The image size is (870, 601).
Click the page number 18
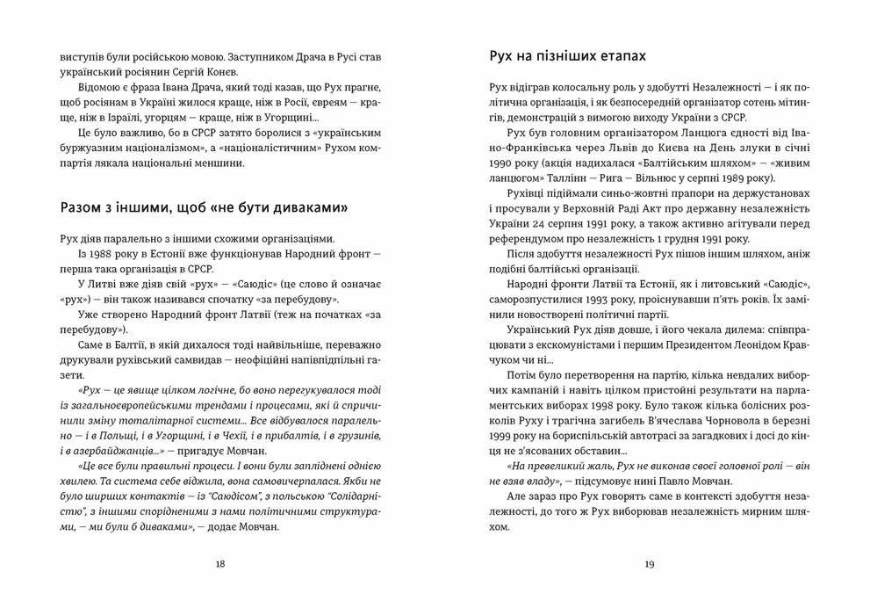pyautogui.click(x=219, y=564)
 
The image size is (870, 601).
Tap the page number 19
pyautogui.click(x=649, y=564)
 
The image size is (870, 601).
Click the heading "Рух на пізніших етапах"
pyautogui.click(x=567, y=56)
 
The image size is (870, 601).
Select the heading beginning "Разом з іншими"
pyautogui.click(x=205, y=207)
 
